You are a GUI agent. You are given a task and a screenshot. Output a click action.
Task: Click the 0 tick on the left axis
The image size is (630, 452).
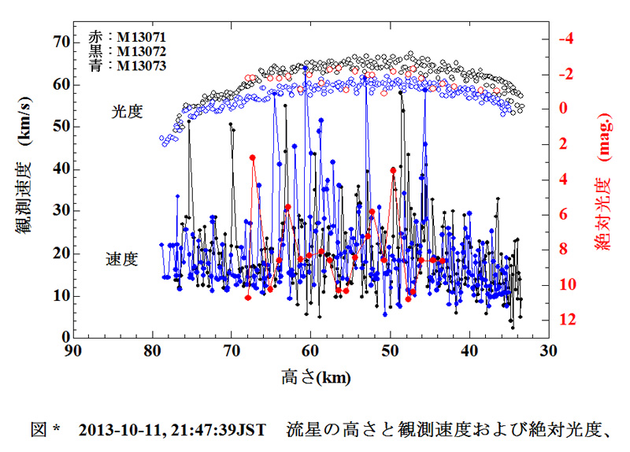point(61,338)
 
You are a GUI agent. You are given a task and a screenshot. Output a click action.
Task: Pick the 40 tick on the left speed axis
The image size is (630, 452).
point(57,169)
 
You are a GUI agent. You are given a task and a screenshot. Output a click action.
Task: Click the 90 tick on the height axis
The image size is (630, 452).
point(72,352)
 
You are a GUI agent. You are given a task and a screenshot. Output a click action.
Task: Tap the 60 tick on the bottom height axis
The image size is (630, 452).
point(311,352)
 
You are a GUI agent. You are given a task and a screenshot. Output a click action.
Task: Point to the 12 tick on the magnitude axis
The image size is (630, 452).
point(567,320)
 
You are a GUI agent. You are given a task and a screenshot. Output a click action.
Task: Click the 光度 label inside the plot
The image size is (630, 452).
point(126,112)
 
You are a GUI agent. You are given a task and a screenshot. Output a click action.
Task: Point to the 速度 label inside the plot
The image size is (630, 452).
point(122,259)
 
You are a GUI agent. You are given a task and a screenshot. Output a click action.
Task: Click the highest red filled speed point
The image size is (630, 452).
point(253,157)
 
